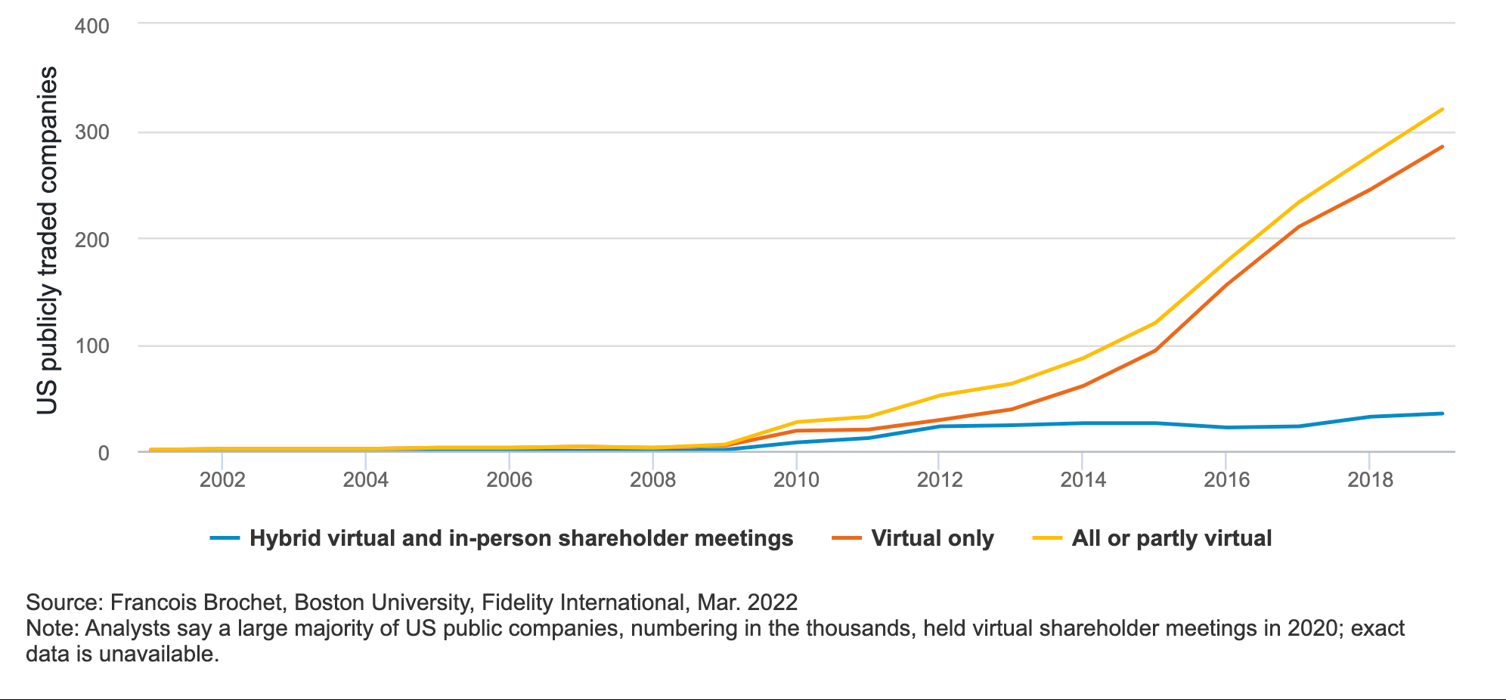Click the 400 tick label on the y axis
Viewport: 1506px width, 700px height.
[91, 26]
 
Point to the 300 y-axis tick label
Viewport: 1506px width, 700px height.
[91, 132]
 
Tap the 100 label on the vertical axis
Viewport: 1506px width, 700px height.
[91, 346]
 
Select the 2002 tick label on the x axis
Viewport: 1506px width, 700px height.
[222, 479]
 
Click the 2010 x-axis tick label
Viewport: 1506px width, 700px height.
[796, 479]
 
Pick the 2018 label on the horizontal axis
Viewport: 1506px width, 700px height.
[1370, 479]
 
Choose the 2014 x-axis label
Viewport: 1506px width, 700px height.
[1083, 479]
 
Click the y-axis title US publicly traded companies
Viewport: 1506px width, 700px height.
[47, 240]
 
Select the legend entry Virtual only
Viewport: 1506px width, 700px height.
[932, 538]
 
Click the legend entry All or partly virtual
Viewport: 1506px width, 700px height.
[1171, 538]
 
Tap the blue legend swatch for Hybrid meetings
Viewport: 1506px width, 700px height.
[225, 538]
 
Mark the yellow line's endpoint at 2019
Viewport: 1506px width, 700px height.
[1442, 109]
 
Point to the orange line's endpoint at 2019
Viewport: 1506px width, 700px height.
[1442, 147]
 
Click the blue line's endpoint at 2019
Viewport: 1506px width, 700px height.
[1442, 413]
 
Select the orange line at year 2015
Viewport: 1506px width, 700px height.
[1155, 351]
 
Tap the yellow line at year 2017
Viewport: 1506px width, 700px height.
[1299, 202]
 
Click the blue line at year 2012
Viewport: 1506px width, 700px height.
[940, 426]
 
